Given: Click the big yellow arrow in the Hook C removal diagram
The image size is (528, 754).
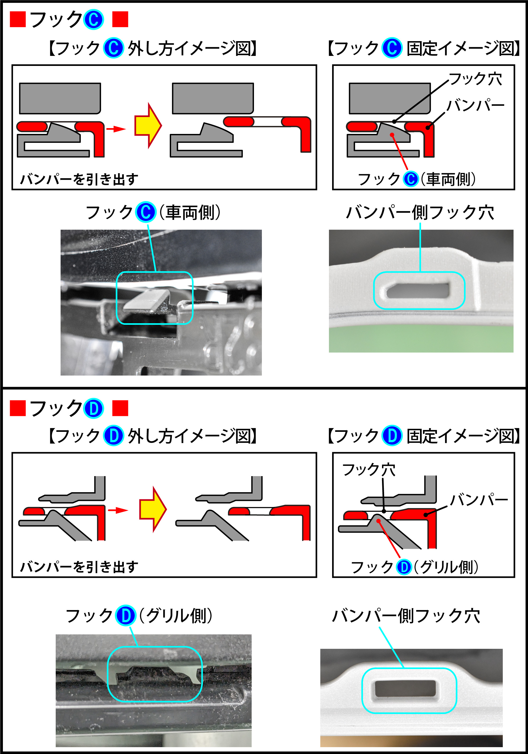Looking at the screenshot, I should pos(148,125).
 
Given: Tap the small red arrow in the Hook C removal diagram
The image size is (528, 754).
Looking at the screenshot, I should pos(116,129).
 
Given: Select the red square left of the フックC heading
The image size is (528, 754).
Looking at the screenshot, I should pos(18,19).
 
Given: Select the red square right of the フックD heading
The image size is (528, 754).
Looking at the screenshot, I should pos(120,408).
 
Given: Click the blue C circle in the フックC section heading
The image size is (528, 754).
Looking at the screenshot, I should pos(94,19).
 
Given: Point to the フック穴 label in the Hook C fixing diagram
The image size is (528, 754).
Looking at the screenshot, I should pos(475,79).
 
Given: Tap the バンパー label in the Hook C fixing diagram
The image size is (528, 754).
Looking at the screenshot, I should pos(475,105).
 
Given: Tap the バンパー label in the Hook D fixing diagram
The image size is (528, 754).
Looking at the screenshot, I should pos(479,500).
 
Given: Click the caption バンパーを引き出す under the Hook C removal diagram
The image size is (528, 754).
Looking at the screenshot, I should pos(79,179).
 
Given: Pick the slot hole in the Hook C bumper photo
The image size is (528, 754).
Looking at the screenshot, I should pos(418,290).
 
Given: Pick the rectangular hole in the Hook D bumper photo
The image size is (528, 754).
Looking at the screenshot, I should pos(405,688).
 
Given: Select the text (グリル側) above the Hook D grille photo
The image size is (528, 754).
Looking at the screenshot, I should pos(176,616).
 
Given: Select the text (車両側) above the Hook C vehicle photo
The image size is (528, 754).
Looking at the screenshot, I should pos(190,212).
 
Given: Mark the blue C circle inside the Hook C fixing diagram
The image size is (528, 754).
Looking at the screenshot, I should pos(411,179).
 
